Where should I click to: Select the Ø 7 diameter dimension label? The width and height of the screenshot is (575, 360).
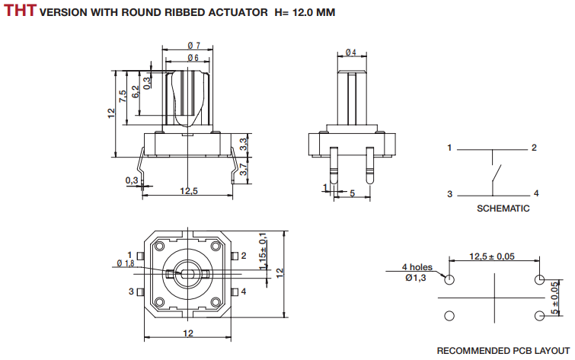[193, 46]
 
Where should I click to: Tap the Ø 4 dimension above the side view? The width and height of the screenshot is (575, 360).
[350, 53]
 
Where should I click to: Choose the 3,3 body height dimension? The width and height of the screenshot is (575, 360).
[243, 142]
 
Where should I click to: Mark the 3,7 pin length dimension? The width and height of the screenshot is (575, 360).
[243, 170]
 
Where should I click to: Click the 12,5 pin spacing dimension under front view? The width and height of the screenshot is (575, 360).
[189, 191]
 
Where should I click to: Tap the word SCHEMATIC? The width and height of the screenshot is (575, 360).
[503, 208]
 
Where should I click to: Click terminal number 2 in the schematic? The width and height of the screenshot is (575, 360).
[535, 148]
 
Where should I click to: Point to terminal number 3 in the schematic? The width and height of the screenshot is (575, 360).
[450, 193]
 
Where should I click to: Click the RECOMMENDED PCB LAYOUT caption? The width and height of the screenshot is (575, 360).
[502, 351]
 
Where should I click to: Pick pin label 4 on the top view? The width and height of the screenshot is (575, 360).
[243, 292]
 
